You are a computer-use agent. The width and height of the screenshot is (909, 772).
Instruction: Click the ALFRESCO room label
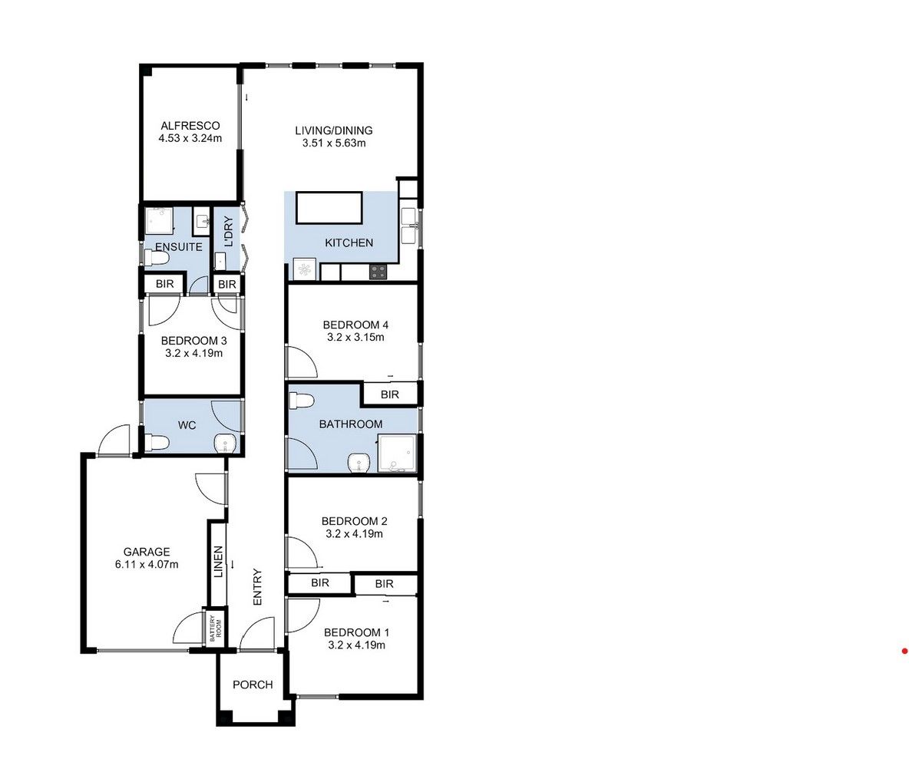[x=190, y=126]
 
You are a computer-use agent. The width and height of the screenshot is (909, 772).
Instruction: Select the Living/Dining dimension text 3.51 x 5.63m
[x=333, y=143]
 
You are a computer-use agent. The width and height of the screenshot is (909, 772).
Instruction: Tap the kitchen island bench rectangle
[x=329, y=208]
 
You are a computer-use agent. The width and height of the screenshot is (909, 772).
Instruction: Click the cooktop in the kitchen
[x=378, y=271]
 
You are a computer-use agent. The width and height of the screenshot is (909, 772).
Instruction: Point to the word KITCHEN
[x=349, y=242]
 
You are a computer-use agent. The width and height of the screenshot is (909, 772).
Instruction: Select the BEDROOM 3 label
[x=193, y=341]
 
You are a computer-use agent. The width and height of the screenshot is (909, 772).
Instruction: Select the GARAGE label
[x=146, y=552]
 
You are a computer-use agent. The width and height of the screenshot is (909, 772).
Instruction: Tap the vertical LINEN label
[x=218, y=561]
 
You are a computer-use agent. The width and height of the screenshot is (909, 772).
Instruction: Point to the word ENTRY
[x=257, y=587]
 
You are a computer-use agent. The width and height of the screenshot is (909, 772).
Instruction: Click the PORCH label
[x=253, y=685]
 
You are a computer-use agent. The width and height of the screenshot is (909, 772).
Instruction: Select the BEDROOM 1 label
[x=356, y=632]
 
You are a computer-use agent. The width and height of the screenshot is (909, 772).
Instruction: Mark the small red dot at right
[x=904, y=652]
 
